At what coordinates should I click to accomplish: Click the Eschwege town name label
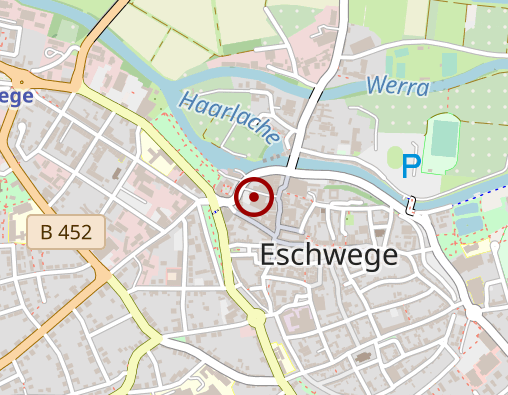coord(328,255)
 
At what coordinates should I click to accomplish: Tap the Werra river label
coord(398,87)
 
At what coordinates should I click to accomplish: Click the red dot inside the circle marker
coord(254,197)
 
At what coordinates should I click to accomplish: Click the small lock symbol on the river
coord(410,205)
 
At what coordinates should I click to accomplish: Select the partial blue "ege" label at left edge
coord(17,96)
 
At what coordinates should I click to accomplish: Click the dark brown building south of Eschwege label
coord(363,355)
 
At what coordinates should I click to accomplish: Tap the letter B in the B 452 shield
coord(46,233)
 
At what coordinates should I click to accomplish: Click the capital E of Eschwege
coord(267,255)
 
